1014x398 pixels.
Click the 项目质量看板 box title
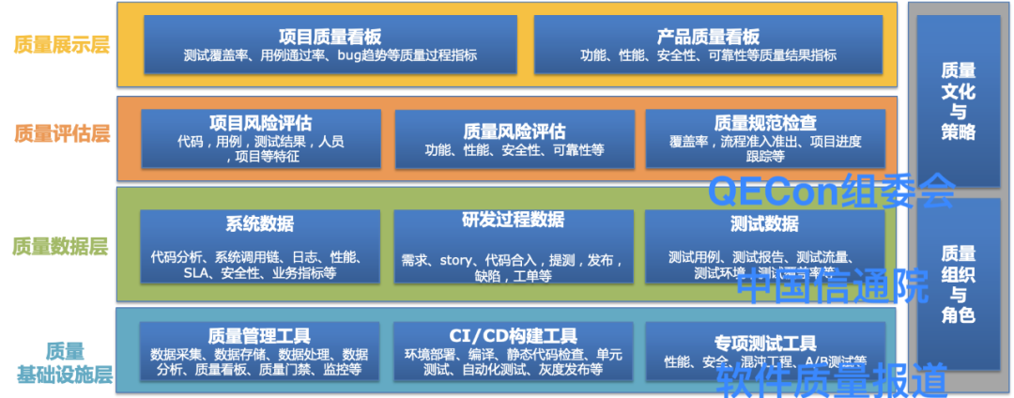point(330,38)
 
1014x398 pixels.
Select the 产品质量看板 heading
point(708,38)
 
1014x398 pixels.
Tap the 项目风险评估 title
point(260,123)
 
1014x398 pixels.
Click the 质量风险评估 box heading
point(515,130)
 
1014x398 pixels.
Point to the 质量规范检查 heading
point(765,123)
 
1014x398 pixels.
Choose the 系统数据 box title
point(260,224)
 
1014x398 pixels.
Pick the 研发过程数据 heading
point(514,220)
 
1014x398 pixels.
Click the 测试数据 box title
point(765,224)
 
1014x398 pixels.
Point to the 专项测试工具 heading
point(765,343)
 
